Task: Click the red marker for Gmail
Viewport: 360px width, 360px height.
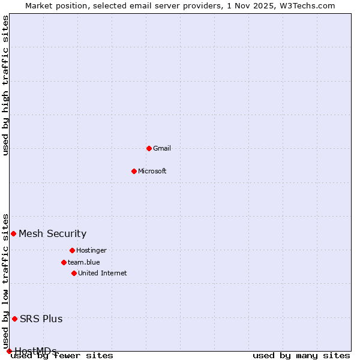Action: click(x=149, y=148)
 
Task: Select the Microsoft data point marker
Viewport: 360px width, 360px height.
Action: click(x=134, y=171)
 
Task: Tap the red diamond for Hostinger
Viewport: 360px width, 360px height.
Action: click(x=72, y=250)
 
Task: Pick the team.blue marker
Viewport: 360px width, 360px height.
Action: click(x=64, y=262)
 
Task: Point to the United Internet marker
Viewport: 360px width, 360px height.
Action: click(x=74, y=273)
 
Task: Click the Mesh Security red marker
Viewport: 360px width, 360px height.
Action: click(x=13, y=233)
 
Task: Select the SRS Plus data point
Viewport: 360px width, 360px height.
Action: click(x=14, y=319)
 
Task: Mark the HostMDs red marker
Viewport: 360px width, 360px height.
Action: click(x=9, y=351)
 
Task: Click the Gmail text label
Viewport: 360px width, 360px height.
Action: click(x=162, y=148)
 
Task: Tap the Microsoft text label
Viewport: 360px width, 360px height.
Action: click(x=152, y=171)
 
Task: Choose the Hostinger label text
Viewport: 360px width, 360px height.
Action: click(x=91, y=250)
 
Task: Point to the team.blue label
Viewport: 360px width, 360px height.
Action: click(x=84, y=262)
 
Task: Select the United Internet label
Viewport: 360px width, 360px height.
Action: click(x=103, y=273)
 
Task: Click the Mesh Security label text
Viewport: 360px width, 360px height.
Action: click(x=53, y=233)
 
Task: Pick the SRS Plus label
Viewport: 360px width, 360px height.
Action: click(x=41, y=319)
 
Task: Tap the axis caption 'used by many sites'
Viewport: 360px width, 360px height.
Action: click(x=301, y=356)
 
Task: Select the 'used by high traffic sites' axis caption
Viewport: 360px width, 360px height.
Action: click(x=6, y=85)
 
